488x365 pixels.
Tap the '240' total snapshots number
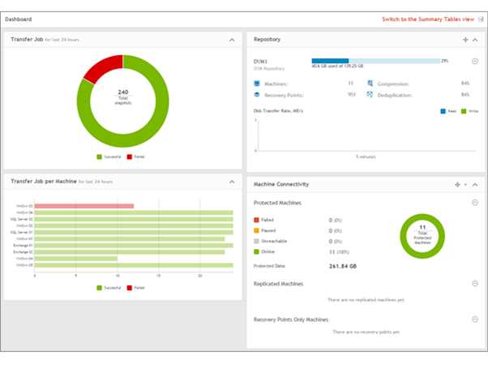tap(123, 92)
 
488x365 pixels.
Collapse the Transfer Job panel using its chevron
tap(232, 39)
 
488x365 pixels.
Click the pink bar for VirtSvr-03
tap(83, 206)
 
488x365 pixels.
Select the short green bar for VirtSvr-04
tap(75, 259)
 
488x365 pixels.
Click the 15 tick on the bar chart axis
tap(159, 276)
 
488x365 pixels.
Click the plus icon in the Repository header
tap(464, 39)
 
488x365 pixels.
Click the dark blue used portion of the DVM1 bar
tap(330, 61)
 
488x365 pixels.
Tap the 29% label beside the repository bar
tap(444, 61)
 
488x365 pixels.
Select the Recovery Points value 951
tap(352, 94)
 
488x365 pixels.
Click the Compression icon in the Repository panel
tap(370, 84)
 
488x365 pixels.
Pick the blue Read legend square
tap(443, 110)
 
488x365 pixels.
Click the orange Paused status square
tap(257, 230)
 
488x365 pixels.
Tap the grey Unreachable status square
tap(257, 241)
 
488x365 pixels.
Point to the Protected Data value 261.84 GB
tap(345, 265)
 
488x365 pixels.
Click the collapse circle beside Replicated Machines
tap(474, 283)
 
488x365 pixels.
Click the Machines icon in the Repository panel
tap(257, 84)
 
